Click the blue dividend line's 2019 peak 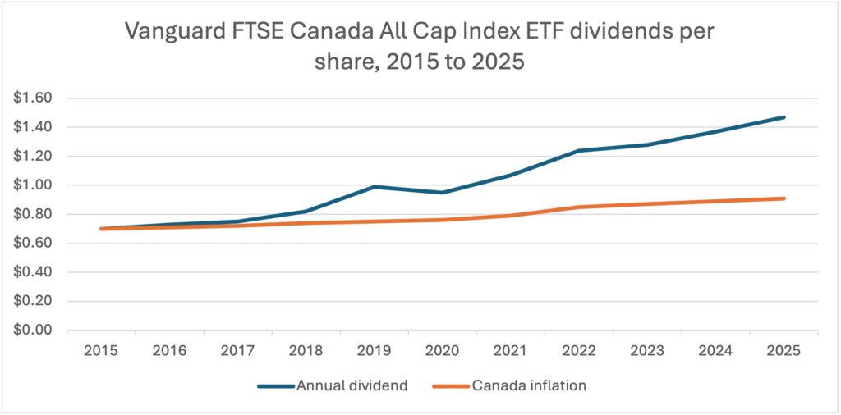374,187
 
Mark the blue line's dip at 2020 442,193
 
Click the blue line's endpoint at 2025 784,117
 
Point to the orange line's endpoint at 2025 784,198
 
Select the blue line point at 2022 579,151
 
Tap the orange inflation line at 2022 579,207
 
